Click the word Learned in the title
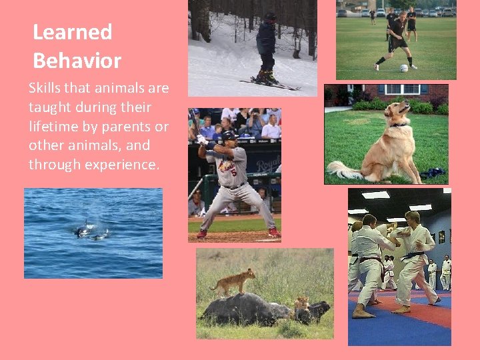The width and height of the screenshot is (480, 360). point(72,32)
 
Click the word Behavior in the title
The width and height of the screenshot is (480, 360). point(77,61)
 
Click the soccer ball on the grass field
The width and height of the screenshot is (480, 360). point(404,68)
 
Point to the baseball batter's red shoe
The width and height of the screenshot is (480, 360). point(273,232)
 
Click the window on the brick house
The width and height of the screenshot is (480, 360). point(401,89)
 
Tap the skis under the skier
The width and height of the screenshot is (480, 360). point(270,85)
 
